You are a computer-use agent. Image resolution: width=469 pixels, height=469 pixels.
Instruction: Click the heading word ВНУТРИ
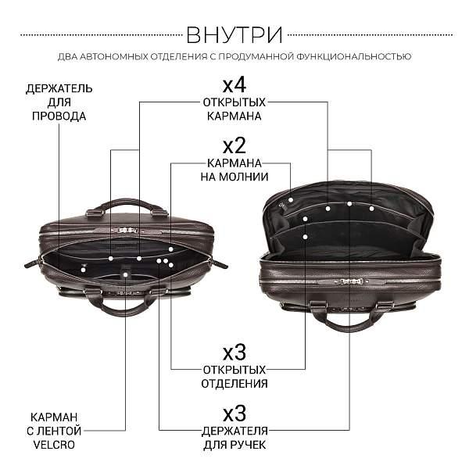point(234,36)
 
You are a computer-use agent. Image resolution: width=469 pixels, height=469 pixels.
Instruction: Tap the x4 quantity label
point(234,84)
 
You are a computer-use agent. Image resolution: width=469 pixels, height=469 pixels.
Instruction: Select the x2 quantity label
point(234,145)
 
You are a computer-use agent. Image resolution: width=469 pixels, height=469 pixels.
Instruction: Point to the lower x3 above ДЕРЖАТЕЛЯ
point(234,412)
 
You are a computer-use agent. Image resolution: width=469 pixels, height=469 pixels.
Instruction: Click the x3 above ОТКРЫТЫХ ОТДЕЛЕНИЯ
point(234,351)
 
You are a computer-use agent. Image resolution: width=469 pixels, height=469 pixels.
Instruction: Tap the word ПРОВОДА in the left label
point(59,116)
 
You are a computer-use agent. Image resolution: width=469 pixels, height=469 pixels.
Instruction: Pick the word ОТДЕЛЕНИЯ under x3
point(234,383)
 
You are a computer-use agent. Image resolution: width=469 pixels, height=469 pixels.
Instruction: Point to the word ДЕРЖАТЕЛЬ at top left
point(59,88)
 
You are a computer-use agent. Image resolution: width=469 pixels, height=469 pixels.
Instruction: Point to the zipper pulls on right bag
point(349,280)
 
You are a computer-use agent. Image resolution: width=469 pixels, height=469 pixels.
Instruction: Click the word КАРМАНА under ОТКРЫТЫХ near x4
point(234,116)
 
